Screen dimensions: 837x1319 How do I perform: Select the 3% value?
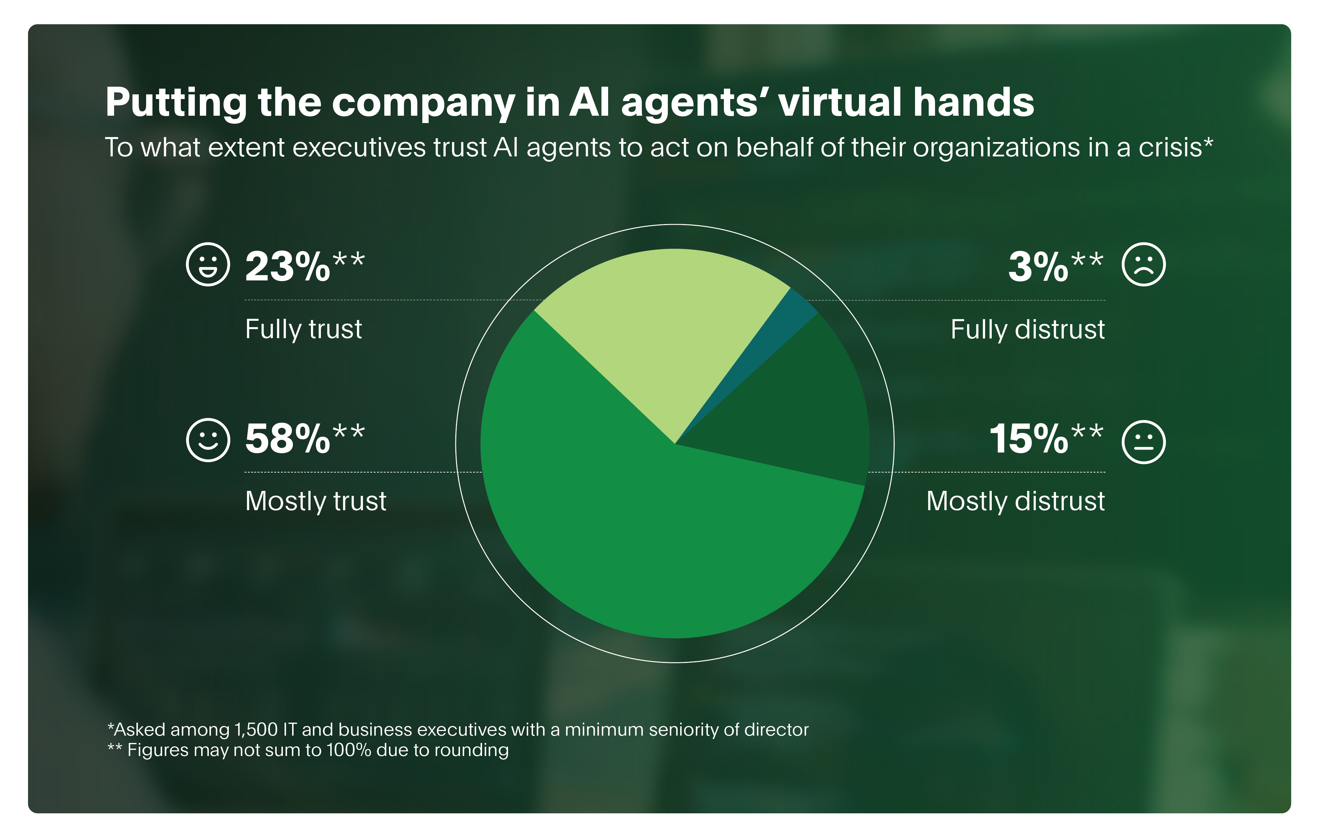(1038, 267)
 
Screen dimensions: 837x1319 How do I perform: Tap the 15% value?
(1029, 439)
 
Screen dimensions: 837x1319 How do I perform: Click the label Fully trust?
(304, 329)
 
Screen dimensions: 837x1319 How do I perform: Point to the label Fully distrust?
(1027, 329)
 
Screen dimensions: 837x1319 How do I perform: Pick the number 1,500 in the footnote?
(256, 730)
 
